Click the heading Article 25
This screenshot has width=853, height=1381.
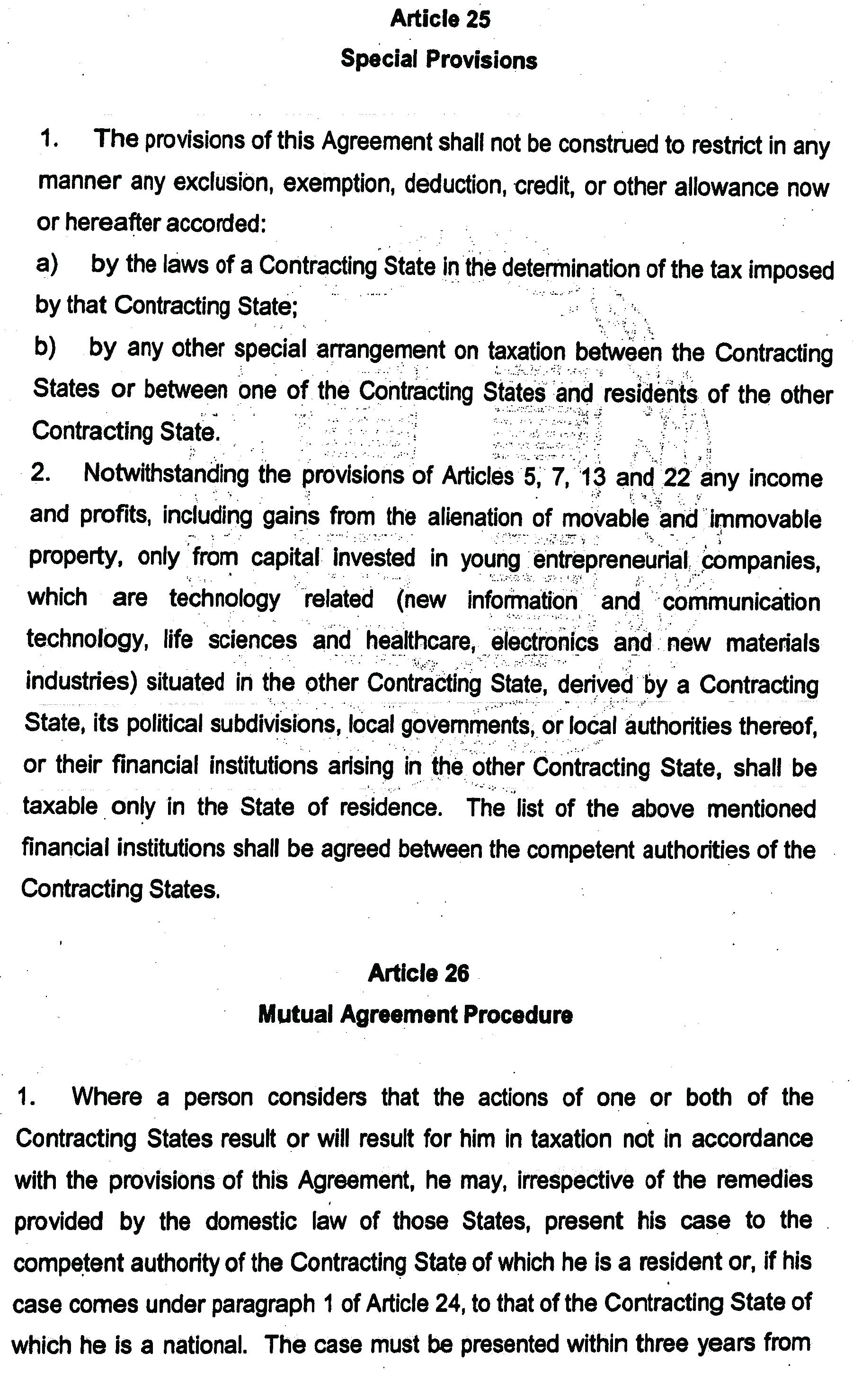tap(440, 19)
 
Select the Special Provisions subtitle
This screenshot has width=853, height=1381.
tap(438, 60)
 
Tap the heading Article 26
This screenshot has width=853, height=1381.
tap(418, 974)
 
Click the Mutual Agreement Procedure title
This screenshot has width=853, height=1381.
tap(415, 1015)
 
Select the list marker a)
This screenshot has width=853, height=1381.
tap(47, 264)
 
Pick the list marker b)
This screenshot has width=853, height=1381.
tap(45, 347)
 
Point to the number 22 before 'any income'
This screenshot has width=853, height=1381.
tap(677, 478)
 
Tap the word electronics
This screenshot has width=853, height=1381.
tap(544, 642)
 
